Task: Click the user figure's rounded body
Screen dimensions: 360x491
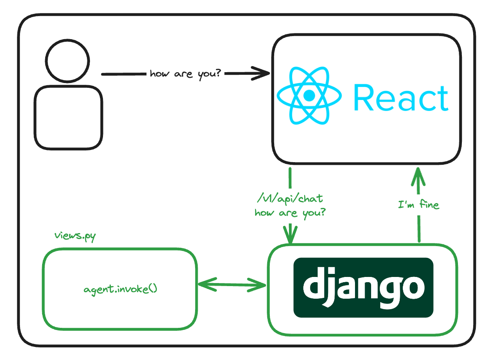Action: click(x=68, y=117)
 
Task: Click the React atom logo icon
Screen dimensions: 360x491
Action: click(x=309, y=96)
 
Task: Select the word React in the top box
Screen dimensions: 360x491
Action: click(x=401, y=98)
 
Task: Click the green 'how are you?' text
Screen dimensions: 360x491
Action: click(x=290, y=213)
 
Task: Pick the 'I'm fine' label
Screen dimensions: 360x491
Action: click(x=418, y=204)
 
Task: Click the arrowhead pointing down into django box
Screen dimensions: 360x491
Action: click(x=290, y=237)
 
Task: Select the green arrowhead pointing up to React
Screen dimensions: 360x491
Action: click(x=418, y=174)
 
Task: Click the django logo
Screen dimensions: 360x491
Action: click(x=363, y=287)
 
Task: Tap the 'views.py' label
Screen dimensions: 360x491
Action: click(x=75, y=236)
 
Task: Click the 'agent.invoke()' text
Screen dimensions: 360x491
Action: click(x=120, y=289)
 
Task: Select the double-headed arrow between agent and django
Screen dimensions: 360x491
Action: click(x=232, y=285)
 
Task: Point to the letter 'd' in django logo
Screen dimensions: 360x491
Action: click(x=314, y=285)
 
